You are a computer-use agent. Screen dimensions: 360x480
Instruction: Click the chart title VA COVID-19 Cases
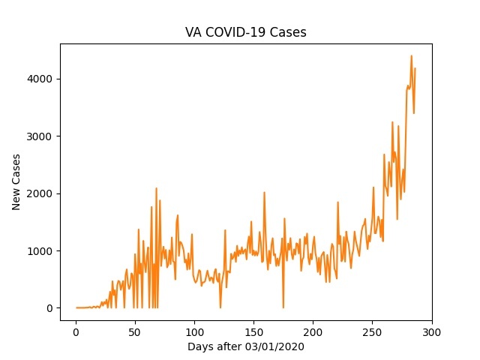(246, 33)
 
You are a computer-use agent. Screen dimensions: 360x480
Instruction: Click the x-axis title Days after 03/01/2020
(246, 347)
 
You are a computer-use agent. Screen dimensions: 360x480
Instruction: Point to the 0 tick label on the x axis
(76, 331)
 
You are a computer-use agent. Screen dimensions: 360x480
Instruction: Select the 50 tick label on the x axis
(135, 331)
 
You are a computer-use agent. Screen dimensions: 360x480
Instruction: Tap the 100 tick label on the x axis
(194, 331)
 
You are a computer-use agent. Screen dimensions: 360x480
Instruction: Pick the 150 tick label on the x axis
(253, 331)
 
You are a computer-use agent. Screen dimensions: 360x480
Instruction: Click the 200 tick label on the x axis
(313, 331)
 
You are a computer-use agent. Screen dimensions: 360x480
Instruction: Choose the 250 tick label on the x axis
(372, 331)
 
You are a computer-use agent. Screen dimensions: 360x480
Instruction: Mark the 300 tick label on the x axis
(431, 331)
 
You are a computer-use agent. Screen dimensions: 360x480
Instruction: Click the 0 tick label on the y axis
(49, 308)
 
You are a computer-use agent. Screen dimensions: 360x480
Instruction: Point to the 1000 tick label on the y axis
(40, 251)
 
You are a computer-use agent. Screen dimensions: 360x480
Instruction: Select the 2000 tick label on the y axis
(40, 193)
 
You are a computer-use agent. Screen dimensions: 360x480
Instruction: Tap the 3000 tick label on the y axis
(40, 136)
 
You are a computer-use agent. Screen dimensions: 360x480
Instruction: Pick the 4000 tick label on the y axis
(40, 79)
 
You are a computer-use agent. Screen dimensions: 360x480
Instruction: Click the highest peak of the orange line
(411, 55)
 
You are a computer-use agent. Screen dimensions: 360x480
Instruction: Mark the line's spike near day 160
(264, 193)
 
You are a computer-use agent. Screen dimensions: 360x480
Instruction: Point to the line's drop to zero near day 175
(283, 307)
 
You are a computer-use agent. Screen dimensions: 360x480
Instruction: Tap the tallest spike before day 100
(156, 188)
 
